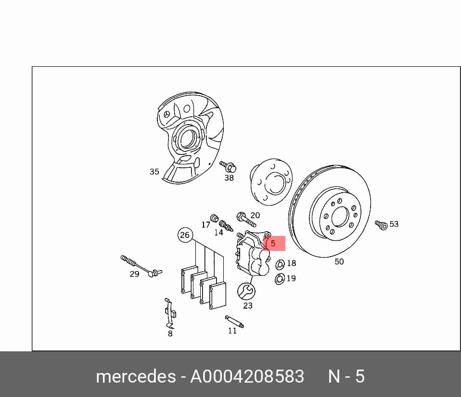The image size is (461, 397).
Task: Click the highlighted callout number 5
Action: click(x=273, y=243)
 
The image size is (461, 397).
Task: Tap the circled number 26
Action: click(x=185, y=235)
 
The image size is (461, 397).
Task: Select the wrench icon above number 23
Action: click(x=246, y=291)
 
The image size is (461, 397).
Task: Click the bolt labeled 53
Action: click(x=381, y=225)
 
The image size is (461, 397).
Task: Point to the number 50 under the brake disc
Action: click(x=339, y=261)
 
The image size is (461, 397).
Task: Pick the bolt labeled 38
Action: click(x=228, y=167)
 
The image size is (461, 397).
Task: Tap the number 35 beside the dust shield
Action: click(x=154, y=172)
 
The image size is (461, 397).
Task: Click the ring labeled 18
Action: click(x=280, y=264)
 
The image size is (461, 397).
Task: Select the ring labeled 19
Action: click(x=280, y=279)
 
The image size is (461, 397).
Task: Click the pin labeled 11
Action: click(x=234, y=322)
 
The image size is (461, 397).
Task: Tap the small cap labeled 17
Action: click(x=215, y=219)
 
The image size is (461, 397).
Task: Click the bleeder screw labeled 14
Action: click(x=226, y=226)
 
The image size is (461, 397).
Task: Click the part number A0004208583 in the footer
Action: click(x=247, y=376)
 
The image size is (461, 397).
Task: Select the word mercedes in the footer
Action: click(x=136, y=376)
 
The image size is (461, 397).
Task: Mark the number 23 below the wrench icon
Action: click(x=247, y=306)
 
